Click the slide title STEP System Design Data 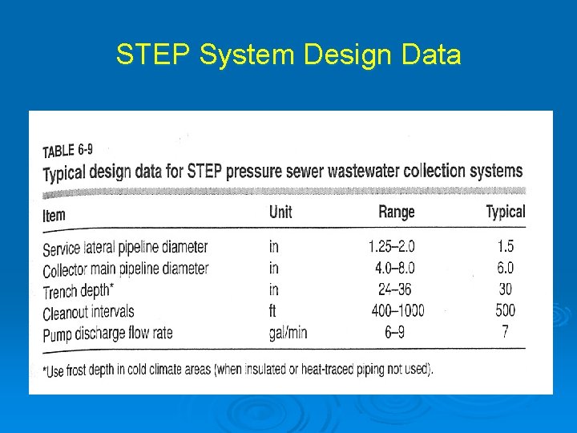click(x=288, y=55)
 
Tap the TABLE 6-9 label click(x=69, y=151)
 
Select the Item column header click(x=54, y=215)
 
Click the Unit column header click(x=280, y=212)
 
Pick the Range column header click(x=396, y=212)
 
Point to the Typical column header click(x=505, y=212)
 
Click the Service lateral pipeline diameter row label click(x=125, y=248)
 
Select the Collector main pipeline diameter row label click(x=125, y=269)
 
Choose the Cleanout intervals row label click(x=88, y=312)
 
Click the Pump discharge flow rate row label click(x=107, y=334)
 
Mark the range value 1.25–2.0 click(x=392, y=247)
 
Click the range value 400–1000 click(x=397, y=310)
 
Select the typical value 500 click(x=505, y=310)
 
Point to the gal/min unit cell click(x=288, y=332)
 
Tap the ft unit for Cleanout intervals click(x=273, y=310)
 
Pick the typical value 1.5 click(x=505, y=247)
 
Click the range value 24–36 click(x=393, y=289)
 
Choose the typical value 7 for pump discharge click(x=505, y=331)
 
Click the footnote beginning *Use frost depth click(x=237, y=370)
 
